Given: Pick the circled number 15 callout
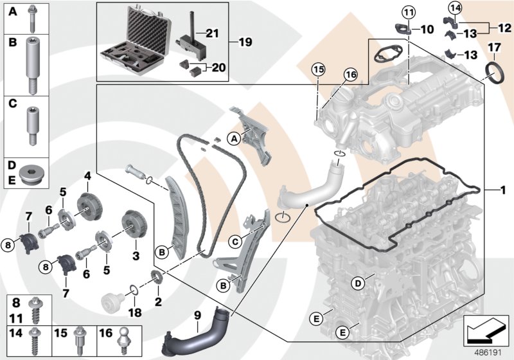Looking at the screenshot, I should click(318, 69).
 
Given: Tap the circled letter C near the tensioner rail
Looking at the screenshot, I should click(235, 242).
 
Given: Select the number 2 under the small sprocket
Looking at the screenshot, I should click(158, 300).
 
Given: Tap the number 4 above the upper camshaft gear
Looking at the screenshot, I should click(87, 175).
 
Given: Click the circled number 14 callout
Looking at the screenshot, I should click(456, 8).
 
